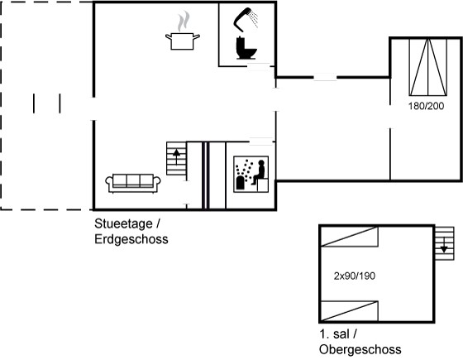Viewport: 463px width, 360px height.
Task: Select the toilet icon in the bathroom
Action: coord(246,48)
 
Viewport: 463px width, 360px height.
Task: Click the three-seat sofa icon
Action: coord(133,183)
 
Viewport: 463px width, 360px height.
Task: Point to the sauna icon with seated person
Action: coord(251,175)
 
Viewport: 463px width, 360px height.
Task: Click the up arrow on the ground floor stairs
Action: coord(177,156)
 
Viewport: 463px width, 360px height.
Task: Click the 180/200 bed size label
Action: coord(426,106)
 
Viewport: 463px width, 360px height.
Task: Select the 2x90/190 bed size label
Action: coord(355,276)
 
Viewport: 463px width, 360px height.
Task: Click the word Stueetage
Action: coord(123,224)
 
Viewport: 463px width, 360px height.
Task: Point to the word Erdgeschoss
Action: coord(131,239)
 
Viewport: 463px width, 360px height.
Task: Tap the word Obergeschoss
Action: coord(360,349)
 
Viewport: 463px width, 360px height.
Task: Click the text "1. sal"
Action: coord(335,334)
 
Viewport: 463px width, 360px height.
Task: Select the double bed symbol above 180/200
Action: coord(428,67)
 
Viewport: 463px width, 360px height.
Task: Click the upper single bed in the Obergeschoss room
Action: coord(349,237)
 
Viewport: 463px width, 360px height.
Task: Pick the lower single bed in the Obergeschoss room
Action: coord(349,311)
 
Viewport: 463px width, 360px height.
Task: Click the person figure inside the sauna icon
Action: coord(259,172)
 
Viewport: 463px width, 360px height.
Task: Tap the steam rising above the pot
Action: coord(184,22)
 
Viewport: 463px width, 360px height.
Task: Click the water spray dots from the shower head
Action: coord(253,18)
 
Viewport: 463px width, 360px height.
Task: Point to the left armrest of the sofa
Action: coord(109,183)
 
